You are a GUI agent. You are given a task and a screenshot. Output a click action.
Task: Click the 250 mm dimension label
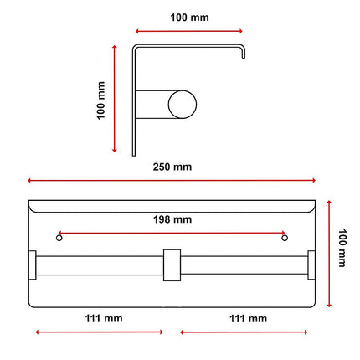click(172, 167)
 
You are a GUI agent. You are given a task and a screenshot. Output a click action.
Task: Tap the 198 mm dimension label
click(172, 219)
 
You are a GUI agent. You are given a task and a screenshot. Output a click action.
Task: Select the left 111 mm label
click(104, 318)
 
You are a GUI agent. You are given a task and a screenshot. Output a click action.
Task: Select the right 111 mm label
click(248, 318)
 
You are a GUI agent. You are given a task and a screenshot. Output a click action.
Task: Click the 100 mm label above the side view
click(189, 18)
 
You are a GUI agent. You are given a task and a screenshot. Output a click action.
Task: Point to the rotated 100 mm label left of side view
click(100, 100)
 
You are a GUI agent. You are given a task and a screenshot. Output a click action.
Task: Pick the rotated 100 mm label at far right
click(342, 248)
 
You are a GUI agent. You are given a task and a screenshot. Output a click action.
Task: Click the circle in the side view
click(183, 105)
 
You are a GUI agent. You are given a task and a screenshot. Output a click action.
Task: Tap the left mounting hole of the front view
click(59, 238)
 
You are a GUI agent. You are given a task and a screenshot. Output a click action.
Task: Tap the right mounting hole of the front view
click(285, 238)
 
